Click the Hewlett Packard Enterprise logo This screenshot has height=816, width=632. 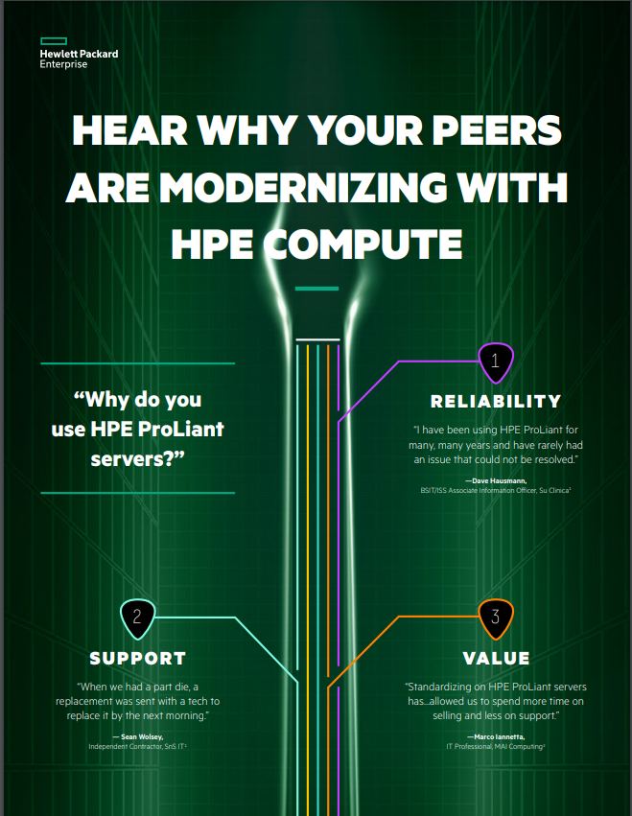click(79, 56)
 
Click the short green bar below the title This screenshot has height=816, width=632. click(316, 288)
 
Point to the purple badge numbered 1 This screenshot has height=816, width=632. click(495, 361)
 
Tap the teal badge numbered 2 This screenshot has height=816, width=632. click(137, 617)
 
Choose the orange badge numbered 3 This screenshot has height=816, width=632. click(495, 617)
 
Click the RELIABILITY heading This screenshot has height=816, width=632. click(495, 401)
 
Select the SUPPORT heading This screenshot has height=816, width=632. click(137, 659)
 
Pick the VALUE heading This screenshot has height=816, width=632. click(496, 659)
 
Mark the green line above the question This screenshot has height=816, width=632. click(137, 363)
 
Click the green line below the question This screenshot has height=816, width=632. click(137, 493)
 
